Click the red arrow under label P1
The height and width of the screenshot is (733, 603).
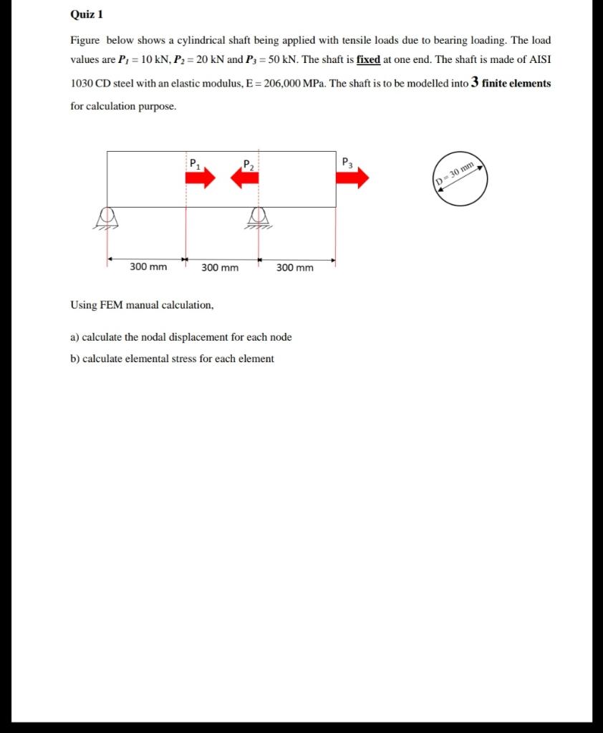pos(204,178)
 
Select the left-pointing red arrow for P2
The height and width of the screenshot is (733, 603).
pos(244,178)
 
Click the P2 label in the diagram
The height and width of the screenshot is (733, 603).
pos(248,164)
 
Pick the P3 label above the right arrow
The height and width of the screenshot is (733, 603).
pos(347,161)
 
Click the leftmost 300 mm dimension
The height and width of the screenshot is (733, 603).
pos(148,267)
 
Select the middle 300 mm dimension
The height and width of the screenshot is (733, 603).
pos(220,268)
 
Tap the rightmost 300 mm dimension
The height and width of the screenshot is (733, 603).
pos(294,268)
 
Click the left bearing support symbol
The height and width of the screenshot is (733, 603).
pos(107,217)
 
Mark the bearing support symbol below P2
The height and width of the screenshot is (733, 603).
pos(258,217)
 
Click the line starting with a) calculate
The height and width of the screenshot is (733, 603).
pos(181,337)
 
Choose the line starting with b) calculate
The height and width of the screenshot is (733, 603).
pos(172,359)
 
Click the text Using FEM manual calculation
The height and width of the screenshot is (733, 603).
pos(142,305)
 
